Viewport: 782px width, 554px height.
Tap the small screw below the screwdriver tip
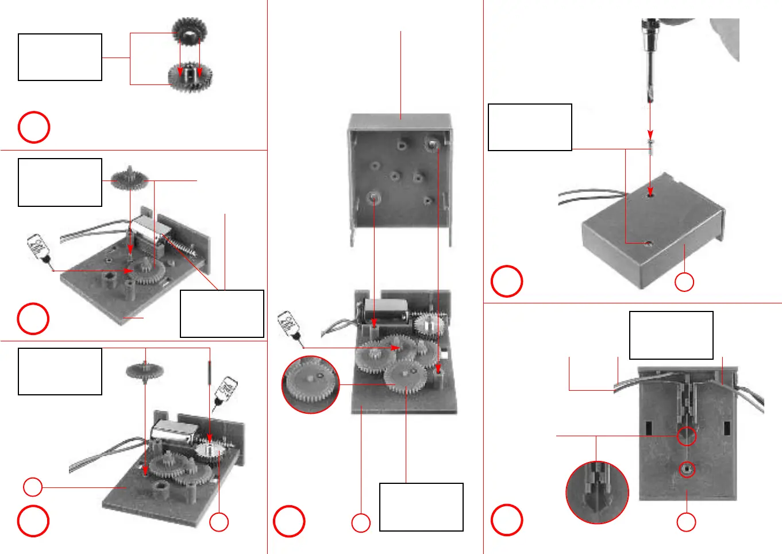click(650, 143)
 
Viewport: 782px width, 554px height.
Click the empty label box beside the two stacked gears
click(60, 57)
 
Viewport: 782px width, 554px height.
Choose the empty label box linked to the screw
click(529, 127)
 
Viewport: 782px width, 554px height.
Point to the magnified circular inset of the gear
click(310, 384)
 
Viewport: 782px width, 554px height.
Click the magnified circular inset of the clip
click(597, 492)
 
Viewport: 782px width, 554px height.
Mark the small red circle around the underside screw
click(687, 470)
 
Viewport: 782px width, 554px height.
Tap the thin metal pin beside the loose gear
click(210, 373)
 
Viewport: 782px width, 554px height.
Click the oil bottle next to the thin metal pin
click(226, 393)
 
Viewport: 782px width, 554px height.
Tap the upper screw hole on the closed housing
click(650, 194)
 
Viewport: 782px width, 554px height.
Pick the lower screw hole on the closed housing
click(648, 244)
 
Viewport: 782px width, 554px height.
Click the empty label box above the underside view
click(671, 335)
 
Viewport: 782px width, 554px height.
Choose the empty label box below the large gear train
click(421, 507)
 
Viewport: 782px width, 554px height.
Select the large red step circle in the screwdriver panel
click(506, 281)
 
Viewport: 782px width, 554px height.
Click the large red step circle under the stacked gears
click(34, 127)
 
